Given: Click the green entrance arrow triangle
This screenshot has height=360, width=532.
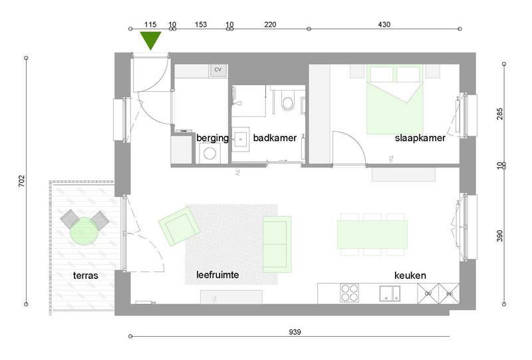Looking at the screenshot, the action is tap(150, 40).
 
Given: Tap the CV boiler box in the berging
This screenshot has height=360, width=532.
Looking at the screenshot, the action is tap(218, 70).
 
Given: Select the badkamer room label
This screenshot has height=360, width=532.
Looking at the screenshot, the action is tap(275, 138).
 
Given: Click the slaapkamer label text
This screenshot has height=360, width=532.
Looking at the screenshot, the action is tap(420, 138).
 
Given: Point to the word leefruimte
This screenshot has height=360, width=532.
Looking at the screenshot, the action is tap(217, 274).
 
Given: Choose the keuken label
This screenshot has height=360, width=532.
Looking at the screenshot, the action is tap(410, 275).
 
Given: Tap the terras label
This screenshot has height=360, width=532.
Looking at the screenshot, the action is tap(86, 275).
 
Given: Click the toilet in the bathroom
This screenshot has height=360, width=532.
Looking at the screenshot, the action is tap(288, 102).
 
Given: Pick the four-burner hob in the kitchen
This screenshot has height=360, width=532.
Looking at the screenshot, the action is tap(349, 293).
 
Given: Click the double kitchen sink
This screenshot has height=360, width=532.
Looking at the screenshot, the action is tap(390, 293).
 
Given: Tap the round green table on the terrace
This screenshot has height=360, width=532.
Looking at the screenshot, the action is tap(84, 232).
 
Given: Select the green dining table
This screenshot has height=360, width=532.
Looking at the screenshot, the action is tap(372, 234).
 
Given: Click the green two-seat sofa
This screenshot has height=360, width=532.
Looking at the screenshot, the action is tap(277, 244).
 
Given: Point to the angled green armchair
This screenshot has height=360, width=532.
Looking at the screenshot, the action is tap(179, 226).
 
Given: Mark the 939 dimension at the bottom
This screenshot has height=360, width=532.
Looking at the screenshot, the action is tap(295, 332).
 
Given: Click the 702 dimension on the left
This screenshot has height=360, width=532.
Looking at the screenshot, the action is tap(21, 181).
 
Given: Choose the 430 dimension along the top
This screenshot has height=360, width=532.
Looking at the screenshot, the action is tap(384, 25).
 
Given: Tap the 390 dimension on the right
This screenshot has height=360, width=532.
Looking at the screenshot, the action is tap(500, 236).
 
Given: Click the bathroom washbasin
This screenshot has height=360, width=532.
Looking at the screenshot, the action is tap(241, 139).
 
